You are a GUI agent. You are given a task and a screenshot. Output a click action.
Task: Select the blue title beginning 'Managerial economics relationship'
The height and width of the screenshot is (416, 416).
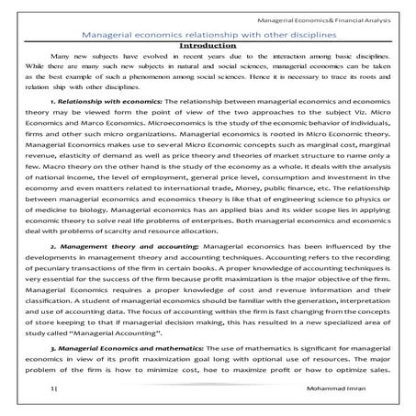pyautogui.click(x=207, y=33)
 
